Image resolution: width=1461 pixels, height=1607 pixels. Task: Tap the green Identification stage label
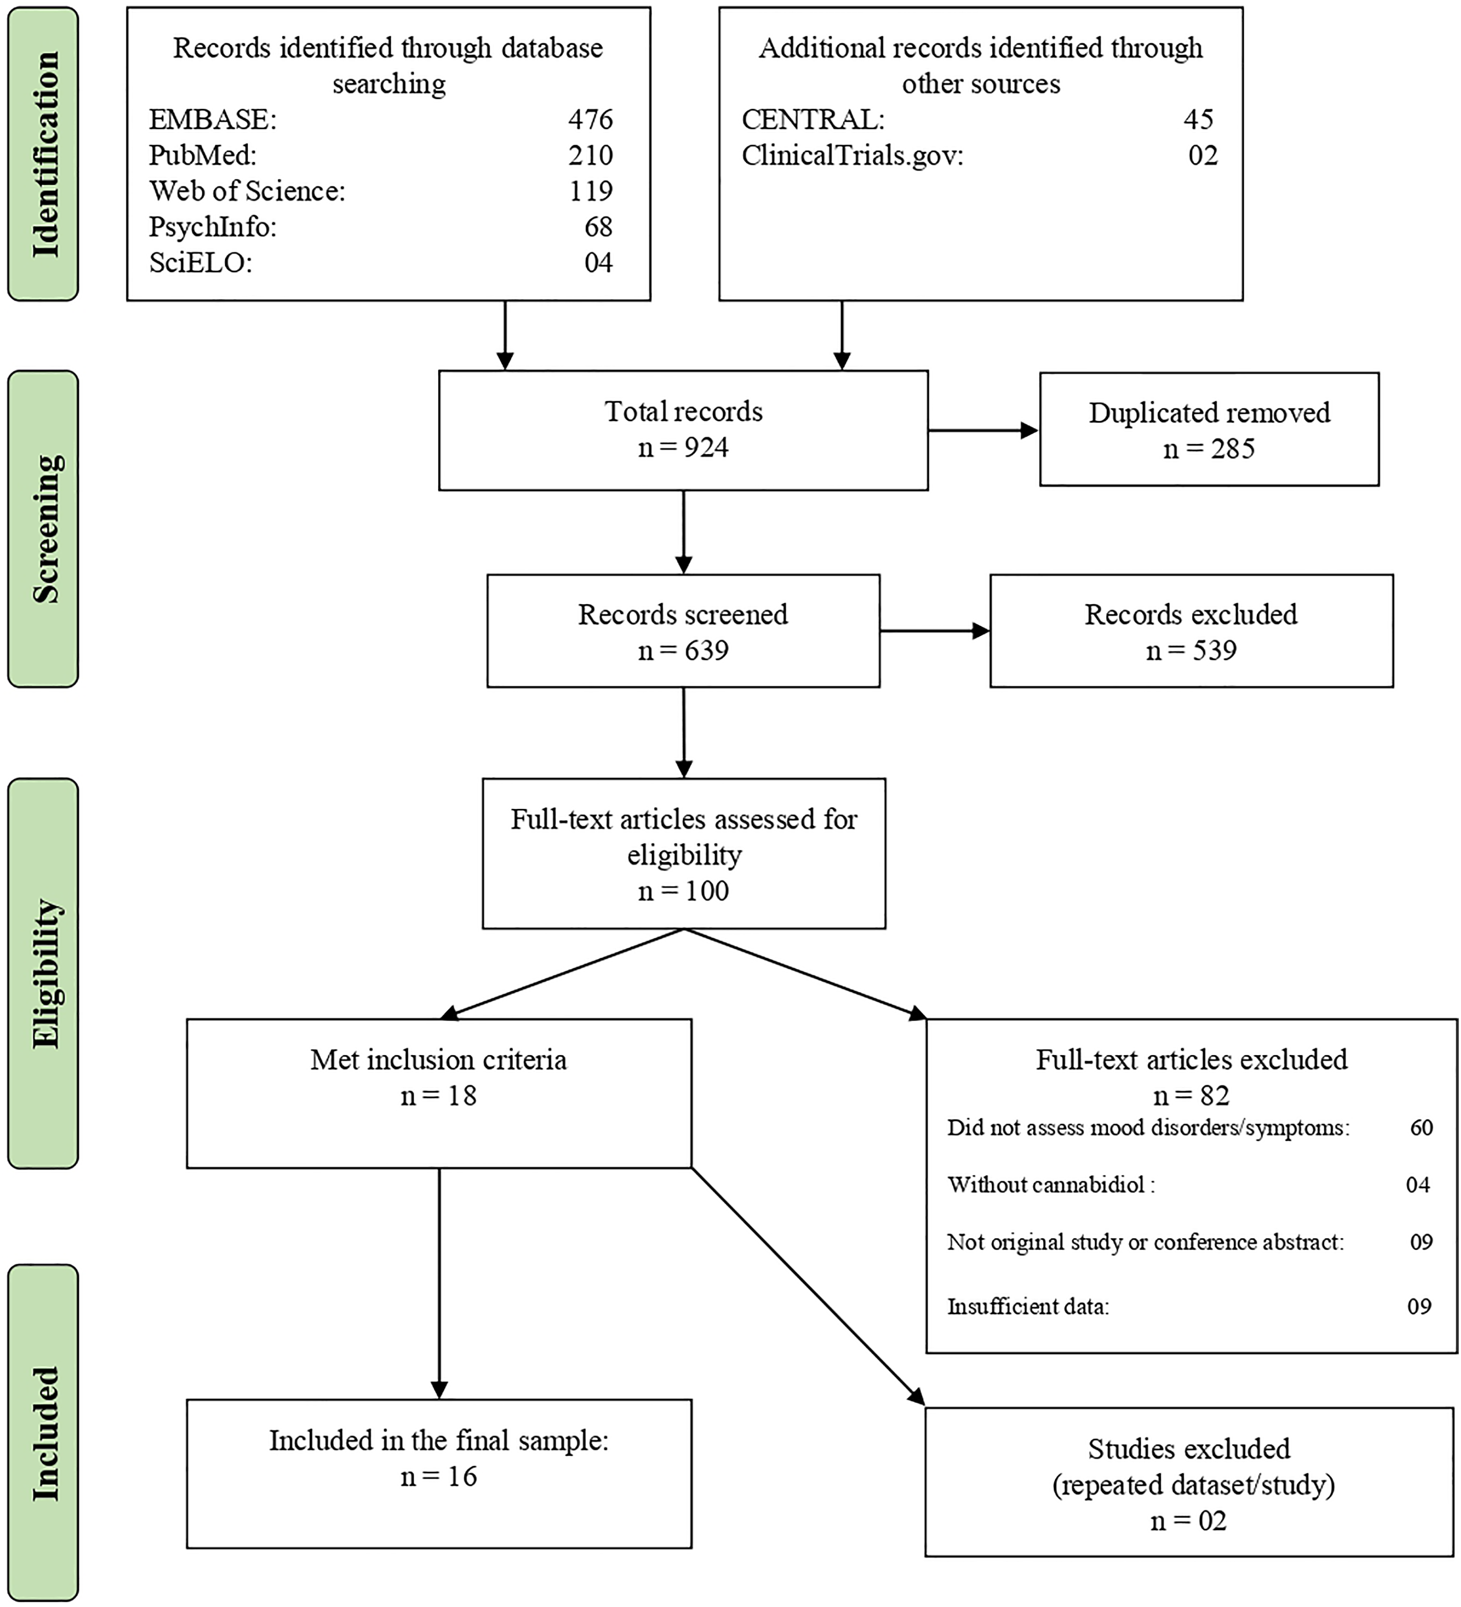(x=44, y=154)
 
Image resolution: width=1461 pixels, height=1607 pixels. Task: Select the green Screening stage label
(x=44, y=528)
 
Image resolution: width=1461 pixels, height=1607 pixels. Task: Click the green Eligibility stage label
(x=44, y=973)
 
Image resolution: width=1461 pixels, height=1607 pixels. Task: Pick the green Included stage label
(x=44, y=1433)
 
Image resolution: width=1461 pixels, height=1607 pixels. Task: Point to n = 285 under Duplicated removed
(x=1208, y=449)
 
